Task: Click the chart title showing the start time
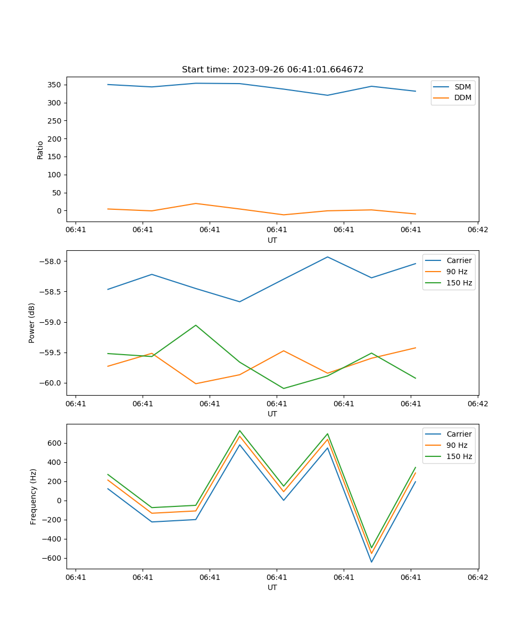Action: pos(272,70)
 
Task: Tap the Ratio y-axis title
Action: pos(40,150)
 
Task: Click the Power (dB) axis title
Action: pos(32,323)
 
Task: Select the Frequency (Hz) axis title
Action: pos(33,496)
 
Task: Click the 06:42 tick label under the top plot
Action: pos(477,230)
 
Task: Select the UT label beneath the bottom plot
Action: pos(272,587)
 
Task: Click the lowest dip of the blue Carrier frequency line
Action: pos(371,562)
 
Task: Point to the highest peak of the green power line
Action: pos(196,325)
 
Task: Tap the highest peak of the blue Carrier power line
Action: pos(328,257)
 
